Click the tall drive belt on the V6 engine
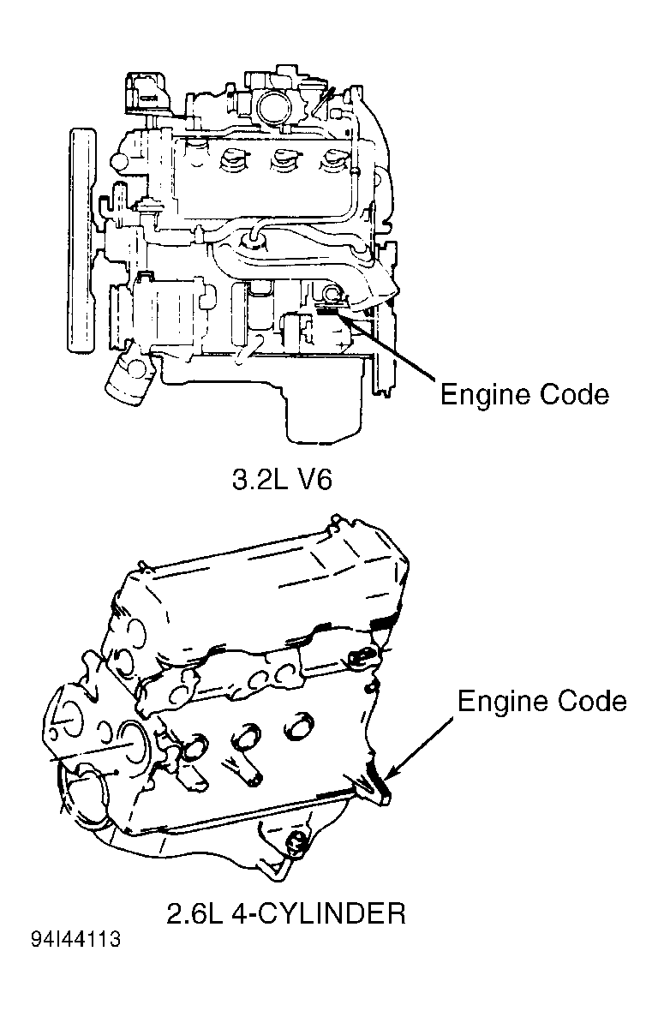pyautogui.click(x=82, y=240)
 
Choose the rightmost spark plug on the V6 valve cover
pyautogui.click(x=335, y=160)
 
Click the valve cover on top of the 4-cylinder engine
pyautogui.click(x=257, y=591)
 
